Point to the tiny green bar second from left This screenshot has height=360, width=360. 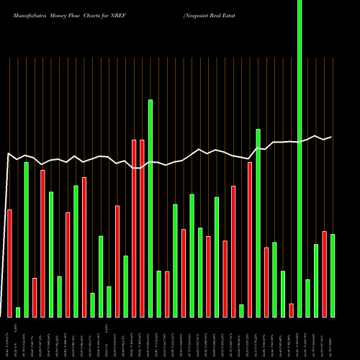pyautogui.click(x=18, y=312)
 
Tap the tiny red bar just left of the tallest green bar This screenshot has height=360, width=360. pyautogui.click(x=291, y=310)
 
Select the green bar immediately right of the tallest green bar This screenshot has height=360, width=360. pyautogui.click(x=307, y=298)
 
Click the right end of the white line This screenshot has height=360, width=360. pyautogui.click(x=331, y=137)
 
